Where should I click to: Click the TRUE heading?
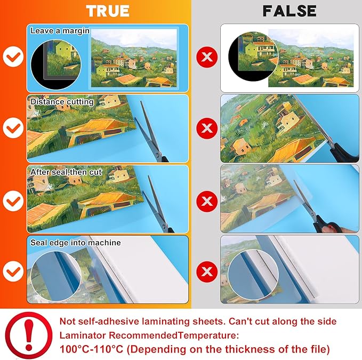[108, 11]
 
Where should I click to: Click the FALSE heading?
[289, 11]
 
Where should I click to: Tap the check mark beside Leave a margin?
[13, 57]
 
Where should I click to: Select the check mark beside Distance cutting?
[13, 127]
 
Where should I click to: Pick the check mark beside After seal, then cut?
[13, 201]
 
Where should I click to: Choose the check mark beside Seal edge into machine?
[13, 271]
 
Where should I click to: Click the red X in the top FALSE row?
[207, 57]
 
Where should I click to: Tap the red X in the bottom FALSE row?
[207, 271]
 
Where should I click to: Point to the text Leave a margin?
[60, 31]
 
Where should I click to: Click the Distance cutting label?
[62, 102]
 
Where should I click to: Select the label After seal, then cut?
[66, 172]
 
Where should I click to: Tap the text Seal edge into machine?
[76, 243]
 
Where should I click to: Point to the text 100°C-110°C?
[91, 349]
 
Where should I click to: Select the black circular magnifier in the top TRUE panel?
[56, 64]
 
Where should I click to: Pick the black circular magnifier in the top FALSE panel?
[253, 57]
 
